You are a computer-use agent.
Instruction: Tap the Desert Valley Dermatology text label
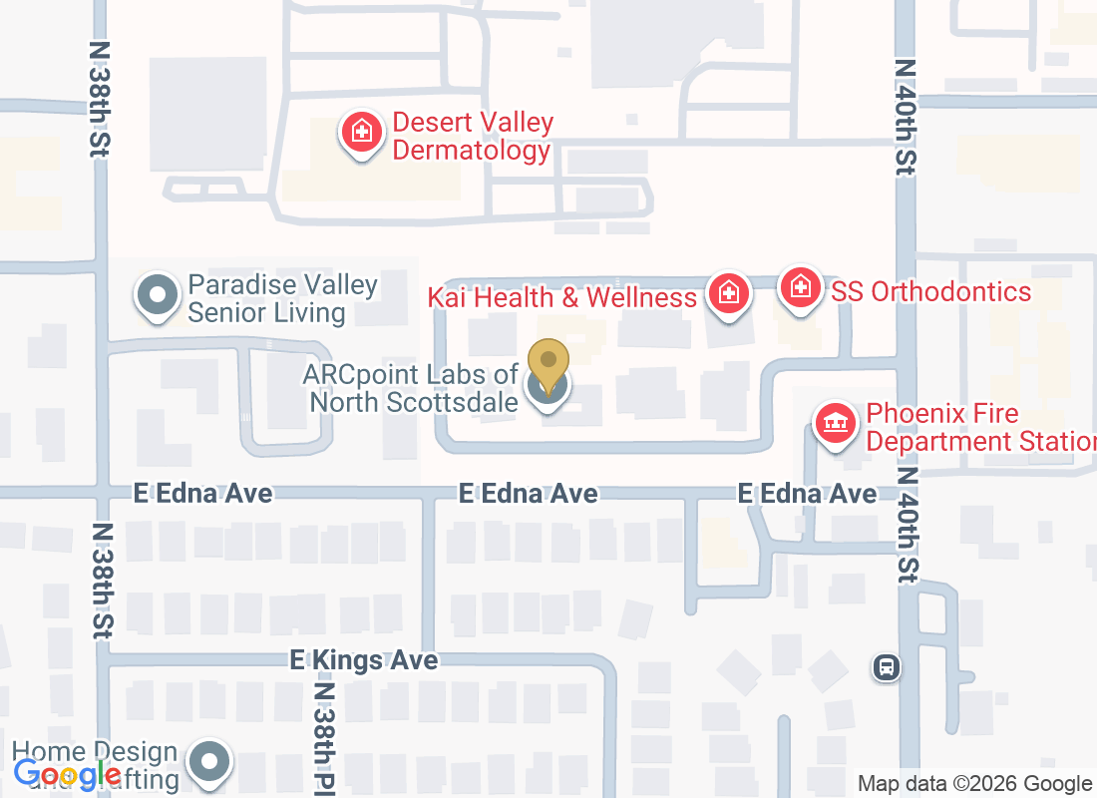pos(472,137)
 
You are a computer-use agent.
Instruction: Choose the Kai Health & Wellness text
pos(562,297)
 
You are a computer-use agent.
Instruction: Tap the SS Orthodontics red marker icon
pos(799,288)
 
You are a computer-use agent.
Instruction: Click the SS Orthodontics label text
pos(931,291)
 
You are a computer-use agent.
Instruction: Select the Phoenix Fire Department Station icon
pos(836,423)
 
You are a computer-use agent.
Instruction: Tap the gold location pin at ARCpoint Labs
pos(548,364)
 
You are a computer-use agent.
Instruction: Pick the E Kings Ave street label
pos(364,660)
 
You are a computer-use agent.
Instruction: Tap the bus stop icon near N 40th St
pos(885,667)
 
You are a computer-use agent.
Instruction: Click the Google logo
pos(68,773)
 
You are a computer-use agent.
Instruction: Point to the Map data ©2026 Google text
pos(974,784)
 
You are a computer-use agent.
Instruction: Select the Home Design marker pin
pos(209,762)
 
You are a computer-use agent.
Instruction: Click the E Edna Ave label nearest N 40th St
pos(807,494)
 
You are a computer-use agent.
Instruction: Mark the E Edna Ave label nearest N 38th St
pos(203,494)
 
